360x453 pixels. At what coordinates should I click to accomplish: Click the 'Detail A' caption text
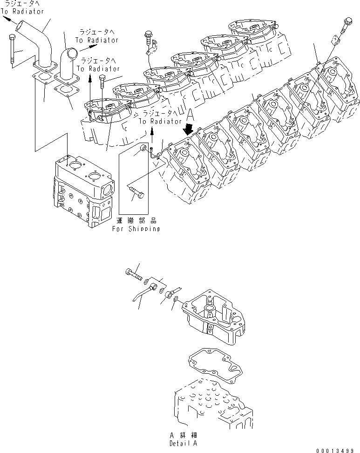(x=183, y=442)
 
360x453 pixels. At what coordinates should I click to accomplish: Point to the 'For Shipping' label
(x=136, y=229)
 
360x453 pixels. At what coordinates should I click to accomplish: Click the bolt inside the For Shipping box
(x=136, y=191)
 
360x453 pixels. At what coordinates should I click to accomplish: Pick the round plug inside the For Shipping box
(x=143, y=149)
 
